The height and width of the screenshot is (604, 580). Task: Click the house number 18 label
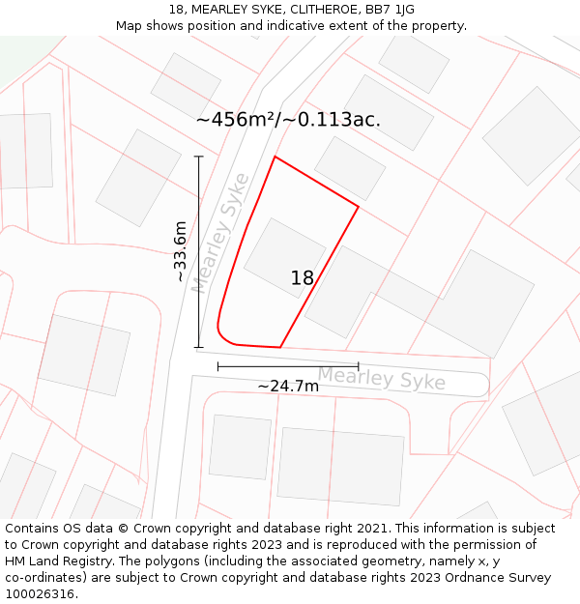click(303, 278)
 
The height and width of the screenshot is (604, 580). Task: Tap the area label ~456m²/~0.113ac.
click(288, 120)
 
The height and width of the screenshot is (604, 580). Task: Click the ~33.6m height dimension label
click(180, 251)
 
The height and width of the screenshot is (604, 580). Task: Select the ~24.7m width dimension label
click(288, 387)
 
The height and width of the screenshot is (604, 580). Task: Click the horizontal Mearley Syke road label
click(382, 378)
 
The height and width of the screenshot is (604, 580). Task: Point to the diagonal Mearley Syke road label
click(220, 234)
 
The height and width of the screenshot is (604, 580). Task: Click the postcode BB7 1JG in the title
click(391, 10)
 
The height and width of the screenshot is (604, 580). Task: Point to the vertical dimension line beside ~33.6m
click(199, 251)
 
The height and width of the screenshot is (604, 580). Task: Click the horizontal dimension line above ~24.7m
click(288, 366)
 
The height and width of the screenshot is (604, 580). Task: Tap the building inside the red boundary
click(284, 258)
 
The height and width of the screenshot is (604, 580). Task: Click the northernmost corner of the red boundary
click(275, 157)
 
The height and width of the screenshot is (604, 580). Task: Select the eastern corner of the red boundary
click(359, 206)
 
